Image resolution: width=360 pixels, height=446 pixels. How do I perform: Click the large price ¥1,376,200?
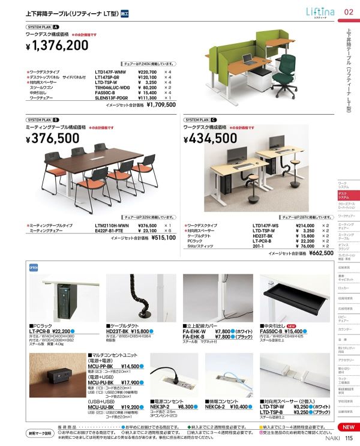tap(58, 45)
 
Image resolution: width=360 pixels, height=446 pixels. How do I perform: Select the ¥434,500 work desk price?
tap(211, 138)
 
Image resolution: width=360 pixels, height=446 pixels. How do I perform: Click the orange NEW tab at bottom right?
tap(349, 427)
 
